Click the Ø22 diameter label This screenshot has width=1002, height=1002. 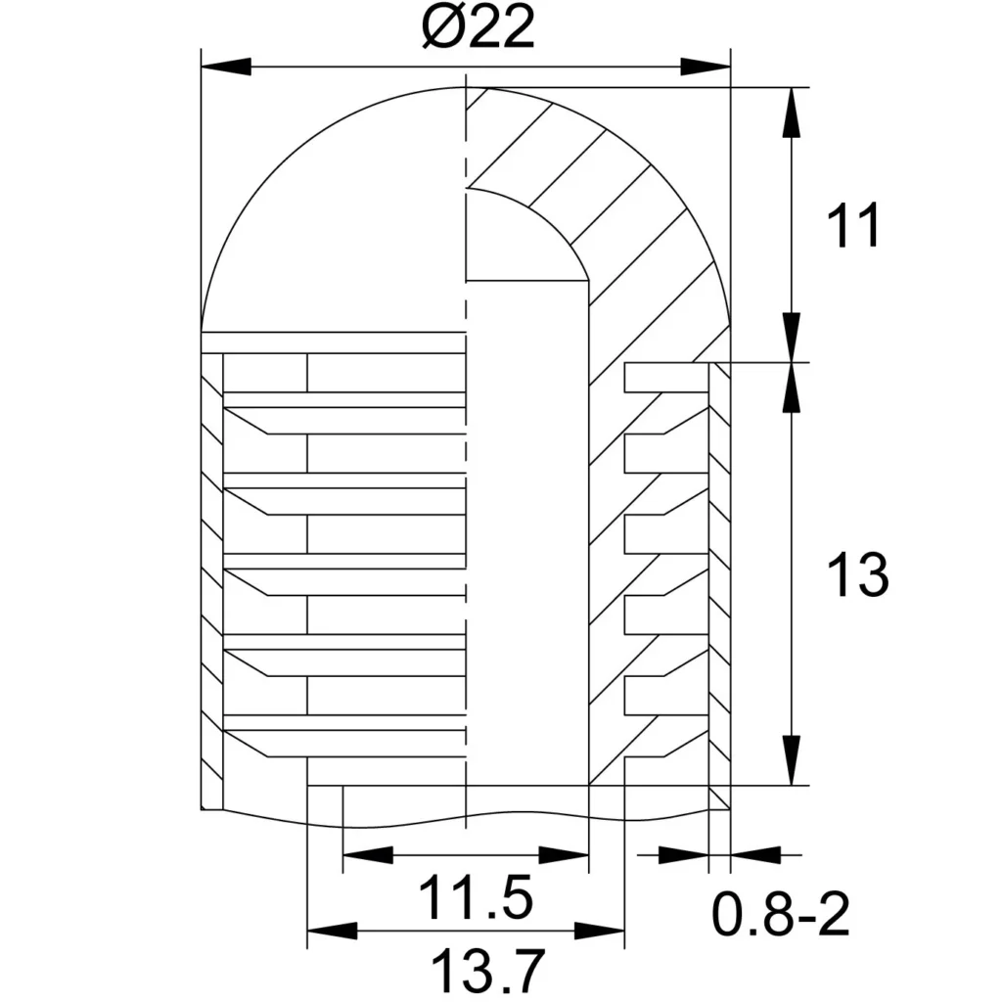click(478, 27)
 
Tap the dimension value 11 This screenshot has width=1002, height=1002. click(853, 225)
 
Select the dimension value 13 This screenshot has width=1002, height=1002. click(857, 575)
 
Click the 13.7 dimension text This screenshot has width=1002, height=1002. click(488, 970)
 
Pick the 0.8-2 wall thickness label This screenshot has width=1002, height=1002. click(781, 915)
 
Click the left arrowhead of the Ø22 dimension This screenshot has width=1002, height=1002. click(226, 67)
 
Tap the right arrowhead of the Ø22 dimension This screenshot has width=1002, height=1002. click(705, 67)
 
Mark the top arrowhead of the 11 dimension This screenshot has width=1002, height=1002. click(792, 112)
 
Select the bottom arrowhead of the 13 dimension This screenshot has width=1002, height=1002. click(792, 759)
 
